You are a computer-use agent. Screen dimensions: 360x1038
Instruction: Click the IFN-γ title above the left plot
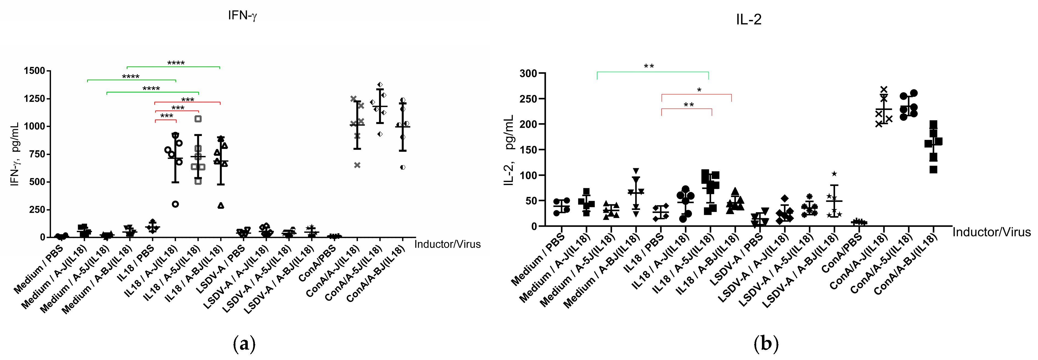(242, 15)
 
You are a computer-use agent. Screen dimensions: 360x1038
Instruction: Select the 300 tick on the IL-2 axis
(528, 73)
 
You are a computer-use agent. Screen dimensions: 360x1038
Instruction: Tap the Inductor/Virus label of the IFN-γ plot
(447, 244)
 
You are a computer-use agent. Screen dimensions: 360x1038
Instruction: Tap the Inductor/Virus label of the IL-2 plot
(991, 232)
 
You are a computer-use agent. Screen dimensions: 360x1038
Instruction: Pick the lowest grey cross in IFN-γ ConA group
(357, 165)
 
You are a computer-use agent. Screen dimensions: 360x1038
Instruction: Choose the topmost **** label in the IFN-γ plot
(176, 63)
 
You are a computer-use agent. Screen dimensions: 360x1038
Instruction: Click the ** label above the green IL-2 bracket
(649, 67)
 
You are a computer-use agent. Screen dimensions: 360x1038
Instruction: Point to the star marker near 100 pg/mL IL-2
(834, 174)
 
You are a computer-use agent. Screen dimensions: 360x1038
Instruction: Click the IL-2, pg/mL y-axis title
(509, 150)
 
